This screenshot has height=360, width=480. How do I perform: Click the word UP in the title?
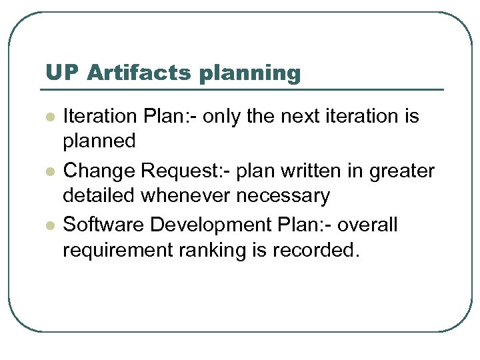click(x=61, y=73)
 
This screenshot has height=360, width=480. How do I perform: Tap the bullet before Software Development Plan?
click(x=48, y=225)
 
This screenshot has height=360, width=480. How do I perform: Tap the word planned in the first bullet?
click(x=99, y=141)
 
